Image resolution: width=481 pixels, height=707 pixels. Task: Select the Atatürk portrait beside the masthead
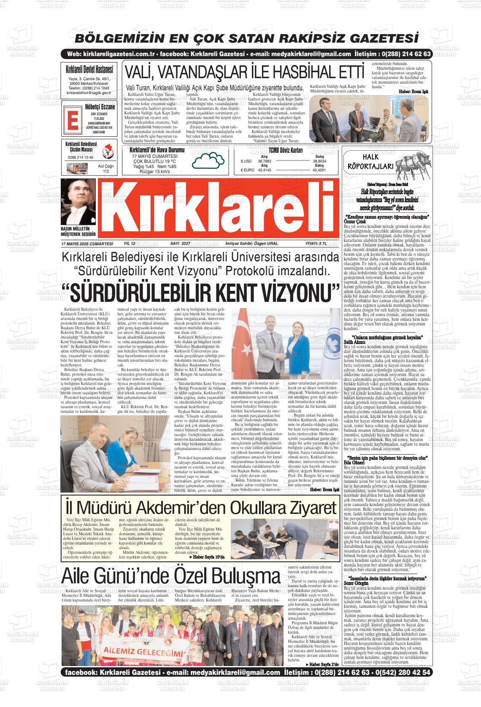coord(78,202)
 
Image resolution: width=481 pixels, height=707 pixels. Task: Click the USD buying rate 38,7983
coord(264,161)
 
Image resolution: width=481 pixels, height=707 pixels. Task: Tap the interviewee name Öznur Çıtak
coord(355,221)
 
